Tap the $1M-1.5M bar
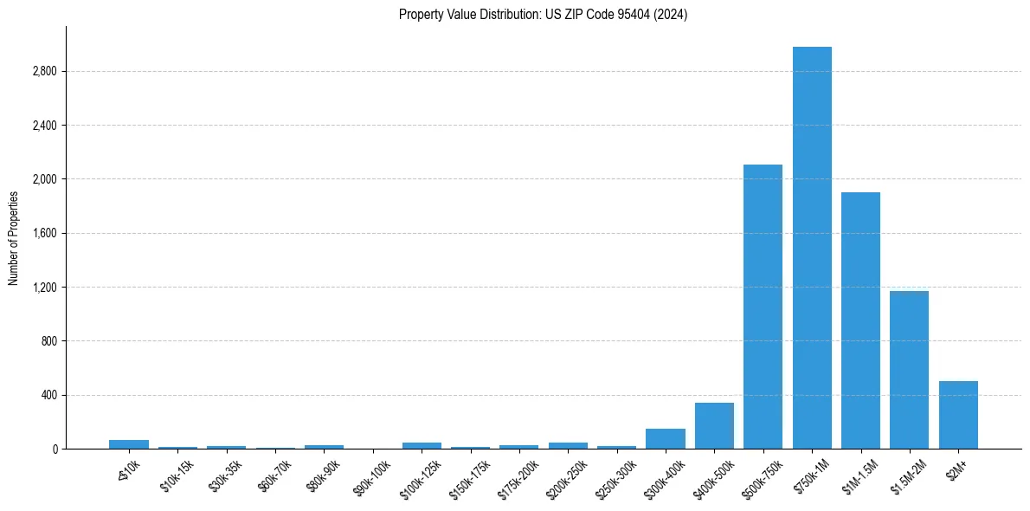[x=860, y=320]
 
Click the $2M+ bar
[x=958, y=415]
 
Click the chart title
[x=543, y=15]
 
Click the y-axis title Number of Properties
[x=14, y=238]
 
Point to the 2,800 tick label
[x=44, y=72]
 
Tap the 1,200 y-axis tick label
[x=44, y=288]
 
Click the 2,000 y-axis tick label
[x=44, y=179]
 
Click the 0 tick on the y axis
[x=55, y=450]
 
